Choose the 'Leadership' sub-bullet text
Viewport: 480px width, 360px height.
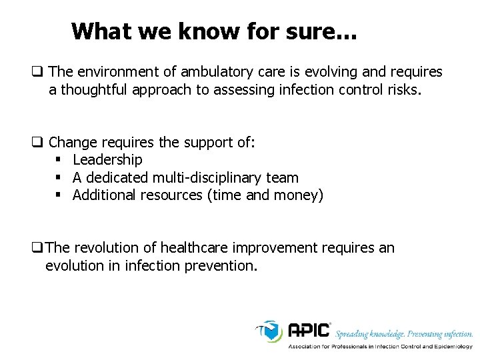pyautogui.click(x=107, y=160)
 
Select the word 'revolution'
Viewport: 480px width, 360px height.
pyautogui.click(x=107, y=248)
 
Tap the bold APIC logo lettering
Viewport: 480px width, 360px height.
pyautogui.click(x=309, y=331)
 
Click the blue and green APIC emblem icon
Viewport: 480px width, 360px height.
pyautogui.click(x=271, y=331)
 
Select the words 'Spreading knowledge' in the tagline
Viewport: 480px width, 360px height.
pyautogui.click(x=368, y=333)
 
